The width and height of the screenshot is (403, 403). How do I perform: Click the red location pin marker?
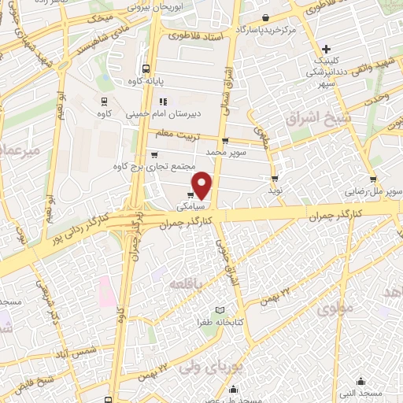click(x=202, y=185)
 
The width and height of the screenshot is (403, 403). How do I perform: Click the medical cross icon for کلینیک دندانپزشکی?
click(x=348, y=49)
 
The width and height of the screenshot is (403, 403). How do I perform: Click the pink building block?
click(x=105, y=293)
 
